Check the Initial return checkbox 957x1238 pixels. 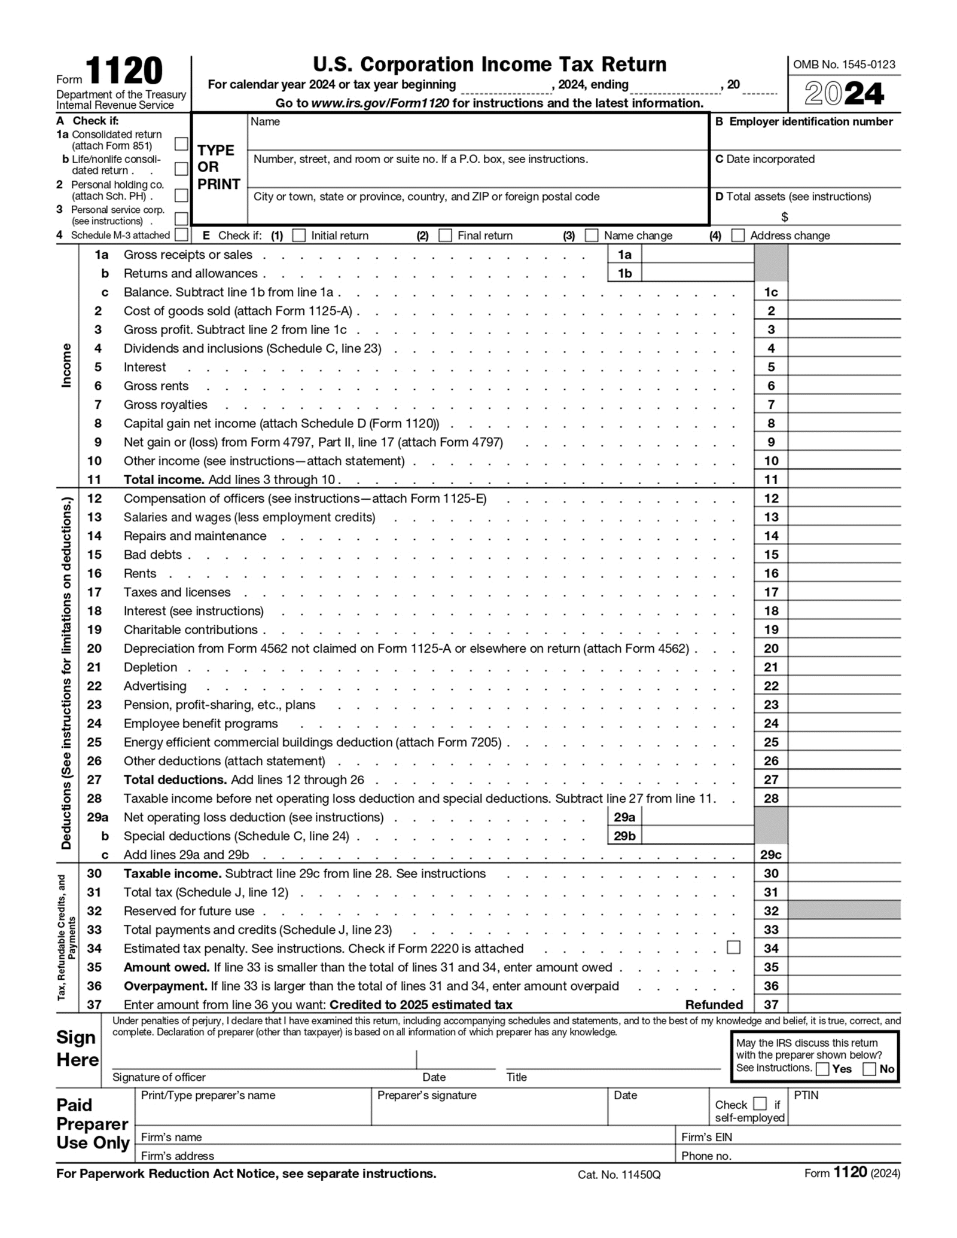click(x=298, y=236)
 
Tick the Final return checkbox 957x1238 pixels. click(x=445, y=236)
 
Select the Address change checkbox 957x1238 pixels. click(x=738, y=236)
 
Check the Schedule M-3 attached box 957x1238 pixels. click(x=181, y=235)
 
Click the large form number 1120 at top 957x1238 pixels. click(x=124, y=72)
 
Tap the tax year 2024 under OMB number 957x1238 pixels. click(x=844, y=94)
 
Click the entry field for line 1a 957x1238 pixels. click(x=697, y=255)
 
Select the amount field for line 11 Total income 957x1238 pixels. click(x=844, y=479)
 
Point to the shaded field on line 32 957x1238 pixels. click(x=844, y=911)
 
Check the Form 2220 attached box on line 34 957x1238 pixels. click(x=733, y=947)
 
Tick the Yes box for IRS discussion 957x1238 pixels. click(x=822, y=1069)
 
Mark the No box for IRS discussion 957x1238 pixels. click(x=869, y=1069)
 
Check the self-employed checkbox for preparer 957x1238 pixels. click(x=760, y=1103)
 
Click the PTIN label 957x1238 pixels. click(x=806, y=1096)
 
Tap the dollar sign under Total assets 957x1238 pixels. click(x=784, y=217)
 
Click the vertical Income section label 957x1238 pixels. click(x=66, y=365)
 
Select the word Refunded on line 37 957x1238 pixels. click(x=714, y=1005)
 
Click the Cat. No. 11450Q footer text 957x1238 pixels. click(x=618, y=1175)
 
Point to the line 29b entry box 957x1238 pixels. click(x=697, y=836)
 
